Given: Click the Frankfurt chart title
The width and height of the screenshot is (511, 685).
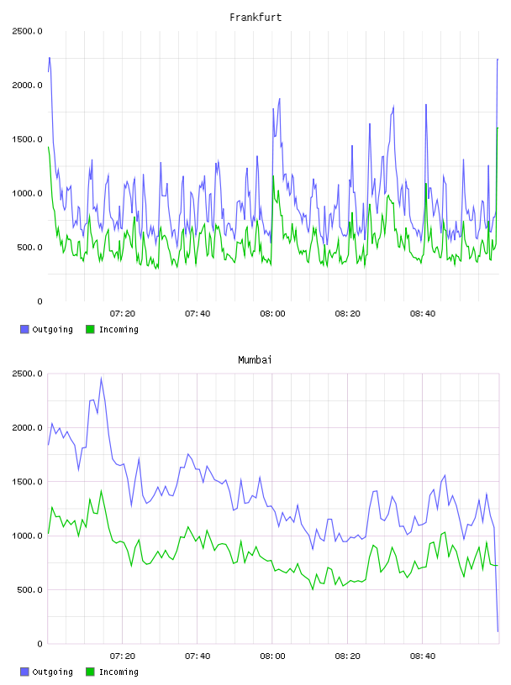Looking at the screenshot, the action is tap(255, 18).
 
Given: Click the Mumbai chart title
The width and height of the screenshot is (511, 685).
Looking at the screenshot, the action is tap(255, 360).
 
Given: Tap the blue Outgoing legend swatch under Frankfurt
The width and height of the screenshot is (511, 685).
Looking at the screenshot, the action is tap(24, 329).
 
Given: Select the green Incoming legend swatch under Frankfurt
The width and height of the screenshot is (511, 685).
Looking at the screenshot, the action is tap(90, 329).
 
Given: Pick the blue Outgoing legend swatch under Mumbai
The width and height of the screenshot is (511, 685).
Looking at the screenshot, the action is tap(24, 672).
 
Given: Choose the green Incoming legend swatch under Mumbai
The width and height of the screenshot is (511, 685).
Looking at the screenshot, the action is tap(90, 672).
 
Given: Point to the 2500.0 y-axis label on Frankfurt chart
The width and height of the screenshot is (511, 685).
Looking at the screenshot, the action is tap(27, 31).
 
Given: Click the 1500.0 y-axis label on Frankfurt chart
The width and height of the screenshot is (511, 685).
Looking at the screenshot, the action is tap(27, 139).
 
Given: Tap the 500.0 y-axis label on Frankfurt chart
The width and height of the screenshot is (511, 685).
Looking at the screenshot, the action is tap(29, 248).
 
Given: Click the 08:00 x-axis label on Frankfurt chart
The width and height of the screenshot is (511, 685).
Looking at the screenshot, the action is tap(272, 314).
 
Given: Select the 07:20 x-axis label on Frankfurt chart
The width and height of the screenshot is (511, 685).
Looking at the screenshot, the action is tap(123, 314).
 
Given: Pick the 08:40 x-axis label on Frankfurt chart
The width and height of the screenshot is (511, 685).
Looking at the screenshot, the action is tap(423, 314).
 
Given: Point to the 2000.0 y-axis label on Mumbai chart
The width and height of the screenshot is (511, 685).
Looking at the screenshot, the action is tap(27, 427).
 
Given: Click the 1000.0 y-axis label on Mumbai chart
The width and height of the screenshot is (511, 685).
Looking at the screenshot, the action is tap(27, 536).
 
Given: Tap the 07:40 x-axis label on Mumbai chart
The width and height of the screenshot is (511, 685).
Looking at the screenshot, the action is tap(198, 656).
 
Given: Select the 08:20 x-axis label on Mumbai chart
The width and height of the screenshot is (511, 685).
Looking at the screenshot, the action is tap(348, 656).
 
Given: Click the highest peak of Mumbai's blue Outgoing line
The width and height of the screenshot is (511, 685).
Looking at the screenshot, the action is tap(101, 379).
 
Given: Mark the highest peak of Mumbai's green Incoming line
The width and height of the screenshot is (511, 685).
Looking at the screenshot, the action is tap(101, 490).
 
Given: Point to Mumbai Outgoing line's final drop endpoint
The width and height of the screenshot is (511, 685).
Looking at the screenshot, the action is tap(498, 631).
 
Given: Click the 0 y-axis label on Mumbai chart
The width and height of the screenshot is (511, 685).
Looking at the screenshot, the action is tap(40, 644).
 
